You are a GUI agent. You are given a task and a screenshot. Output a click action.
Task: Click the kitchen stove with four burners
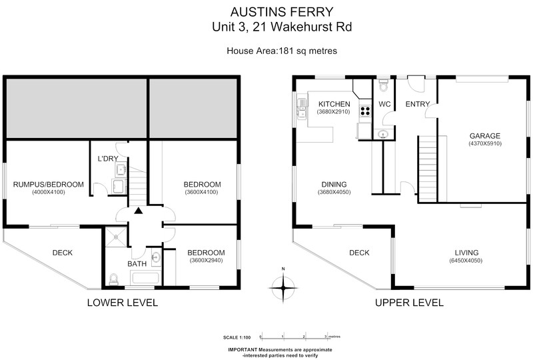(365, 110)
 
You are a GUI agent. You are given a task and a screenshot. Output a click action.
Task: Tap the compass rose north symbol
(283, 287)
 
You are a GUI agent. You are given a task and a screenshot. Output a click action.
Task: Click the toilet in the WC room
(384, 85)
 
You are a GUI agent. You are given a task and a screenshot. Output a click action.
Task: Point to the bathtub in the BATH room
(145, 278)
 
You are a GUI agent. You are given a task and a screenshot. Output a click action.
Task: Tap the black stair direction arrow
(138, 211)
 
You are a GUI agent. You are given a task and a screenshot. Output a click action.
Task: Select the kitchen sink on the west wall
(302, 109)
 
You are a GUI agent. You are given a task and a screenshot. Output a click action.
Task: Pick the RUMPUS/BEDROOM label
(48, 185)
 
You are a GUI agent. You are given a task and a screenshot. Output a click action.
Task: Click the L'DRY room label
(108, 159)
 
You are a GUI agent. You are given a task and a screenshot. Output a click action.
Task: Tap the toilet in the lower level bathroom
(113, 279)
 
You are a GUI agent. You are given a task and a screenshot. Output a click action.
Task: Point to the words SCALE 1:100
(237, 337)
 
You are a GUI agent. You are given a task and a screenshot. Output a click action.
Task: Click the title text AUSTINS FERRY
(282, 12)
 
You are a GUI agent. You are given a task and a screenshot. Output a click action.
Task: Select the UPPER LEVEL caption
(409, 303)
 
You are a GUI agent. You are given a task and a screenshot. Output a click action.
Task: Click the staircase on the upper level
(427, 169)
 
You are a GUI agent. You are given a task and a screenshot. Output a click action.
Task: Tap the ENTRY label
(418, 104)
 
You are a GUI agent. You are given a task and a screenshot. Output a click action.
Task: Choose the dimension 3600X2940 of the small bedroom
(206, 261)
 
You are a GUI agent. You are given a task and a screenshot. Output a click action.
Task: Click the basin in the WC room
(384, 134)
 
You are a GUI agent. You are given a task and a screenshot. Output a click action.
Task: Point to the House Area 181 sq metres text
(282, 51)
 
